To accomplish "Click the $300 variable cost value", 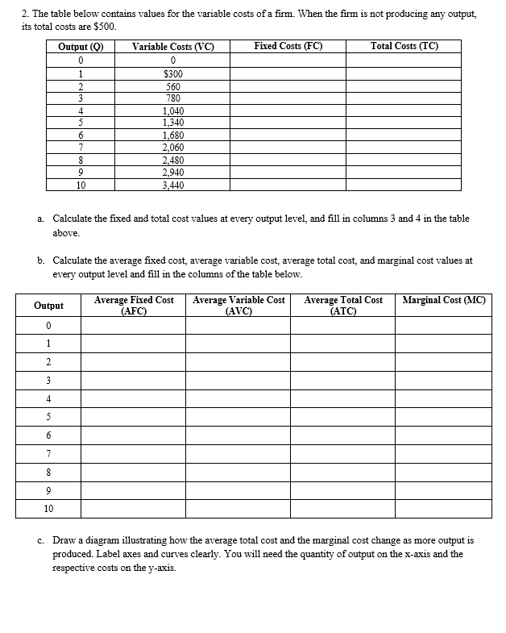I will [x=172, y=73].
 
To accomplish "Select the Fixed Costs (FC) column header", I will [x=288, y=47].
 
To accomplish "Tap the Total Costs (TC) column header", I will [x=404, y=47].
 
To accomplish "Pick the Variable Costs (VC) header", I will [x=172, y=47].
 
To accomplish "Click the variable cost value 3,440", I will [x=172, y=185].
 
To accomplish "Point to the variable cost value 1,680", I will [x=172, y=135].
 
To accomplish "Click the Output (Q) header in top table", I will [x=81, y=47].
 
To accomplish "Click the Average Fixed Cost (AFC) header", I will [x=134, y=305].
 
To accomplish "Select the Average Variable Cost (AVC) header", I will [x=238, y=305].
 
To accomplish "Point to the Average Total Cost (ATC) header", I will [x=343, y=305].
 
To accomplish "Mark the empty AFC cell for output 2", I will [x=134, y=361].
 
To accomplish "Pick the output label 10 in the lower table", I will [x=49, y=509].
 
